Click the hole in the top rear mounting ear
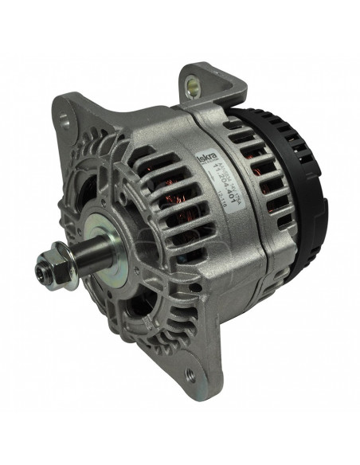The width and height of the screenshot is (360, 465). pyautogui.click(x=195, y=81)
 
